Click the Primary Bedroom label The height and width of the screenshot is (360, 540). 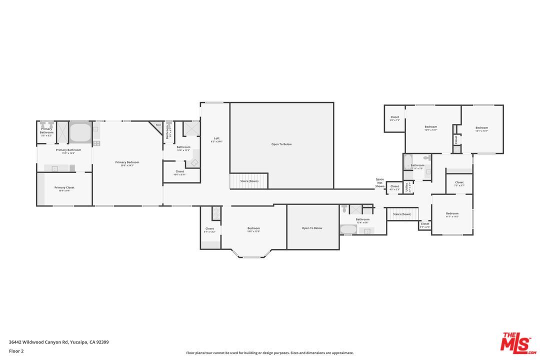(127, 162)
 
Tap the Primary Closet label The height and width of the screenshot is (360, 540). (64, 187)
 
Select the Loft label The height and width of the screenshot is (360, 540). (216, 138)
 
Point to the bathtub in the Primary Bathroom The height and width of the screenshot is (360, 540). (79, 133)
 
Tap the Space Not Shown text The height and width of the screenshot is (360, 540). (380, 182)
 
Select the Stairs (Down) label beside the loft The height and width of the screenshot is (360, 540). (249, 181)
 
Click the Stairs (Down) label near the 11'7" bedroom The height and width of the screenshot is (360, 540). (402, 214)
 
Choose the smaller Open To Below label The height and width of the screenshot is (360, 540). (312, 228)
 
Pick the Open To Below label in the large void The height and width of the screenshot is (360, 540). (281, 144)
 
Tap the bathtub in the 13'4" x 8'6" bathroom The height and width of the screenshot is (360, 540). (348, 229)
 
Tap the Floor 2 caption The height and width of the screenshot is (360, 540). (16, 351)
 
